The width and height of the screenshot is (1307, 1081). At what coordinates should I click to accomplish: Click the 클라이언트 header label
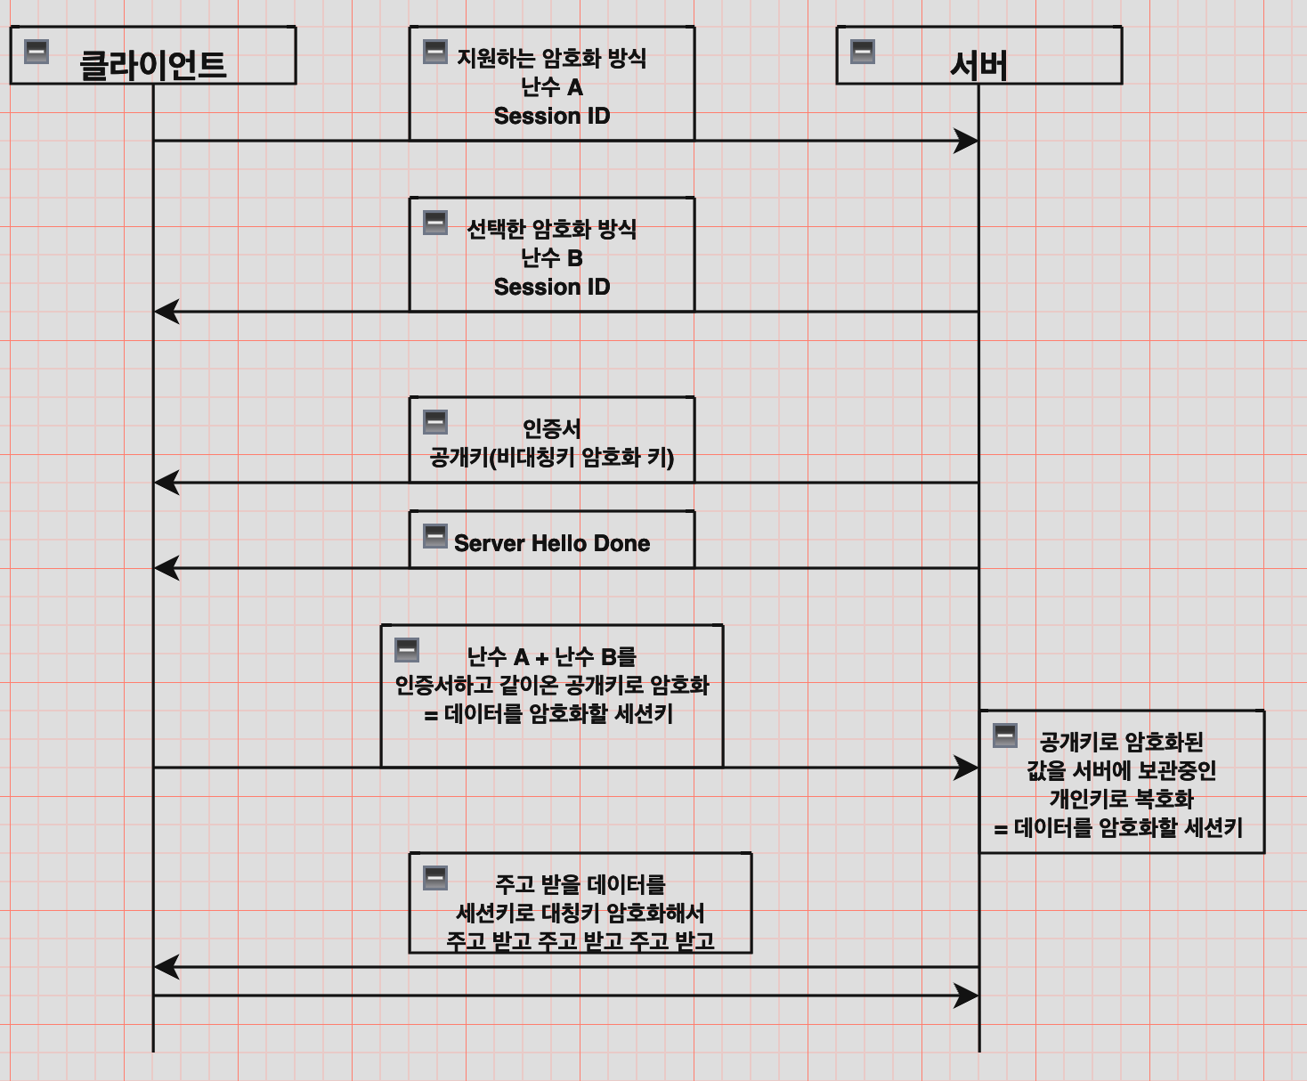[152, 65]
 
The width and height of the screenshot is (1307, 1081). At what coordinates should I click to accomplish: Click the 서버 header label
[978, 65]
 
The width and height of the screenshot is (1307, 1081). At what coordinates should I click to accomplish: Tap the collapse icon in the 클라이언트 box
[37, 52]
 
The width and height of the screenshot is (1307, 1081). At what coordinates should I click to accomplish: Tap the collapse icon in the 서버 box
[863, 52]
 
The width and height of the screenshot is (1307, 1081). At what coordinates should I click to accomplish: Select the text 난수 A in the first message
[552, 87]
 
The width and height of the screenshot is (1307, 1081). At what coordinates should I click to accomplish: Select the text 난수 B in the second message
[552, 258]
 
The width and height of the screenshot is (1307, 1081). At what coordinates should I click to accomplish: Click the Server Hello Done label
[552, 543]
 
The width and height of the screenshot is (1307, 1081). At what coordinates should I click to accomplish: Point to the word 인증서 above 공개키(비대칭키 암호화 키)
[552, 429]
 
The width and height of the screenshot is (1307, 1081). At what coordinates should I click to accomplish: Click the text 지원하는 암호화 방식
[552, 59]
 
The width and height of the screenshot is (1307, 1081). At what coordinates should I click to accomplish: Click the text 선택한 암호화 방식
[552, 230]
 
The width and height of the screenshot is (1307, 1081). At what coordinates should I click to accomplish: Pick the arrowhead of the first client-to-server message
[967, 141]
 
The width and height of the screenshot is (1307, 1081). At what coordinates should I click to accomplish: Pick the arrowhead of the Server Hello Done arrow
[166, 568]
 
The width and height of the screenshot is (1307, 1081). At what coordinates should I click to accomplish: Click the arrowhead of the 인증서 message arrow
[166, 483]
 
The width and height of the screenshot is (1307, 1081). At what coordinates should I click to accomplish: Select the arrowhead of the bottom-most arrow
[967, 996]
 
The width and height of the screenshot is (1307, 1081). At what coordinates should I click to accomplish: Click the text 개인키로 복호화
[1122, 799]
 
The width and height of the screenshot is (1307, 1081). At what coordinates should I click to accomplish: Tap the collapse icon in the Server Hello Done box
[435, 536]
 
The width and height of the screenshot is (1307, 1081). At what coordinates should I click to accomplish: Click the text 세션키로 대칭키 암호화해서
[580, 914]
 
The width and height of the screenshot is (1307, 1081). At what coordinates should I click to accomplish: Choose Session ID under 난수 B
[552, 287]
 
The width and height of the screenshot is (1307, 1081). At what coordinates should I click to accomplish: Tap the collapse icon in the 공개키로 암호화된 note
[1005, 736]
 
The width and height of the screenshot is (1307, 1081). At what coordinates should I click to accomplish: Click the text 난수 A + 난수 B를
[552, 657]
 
